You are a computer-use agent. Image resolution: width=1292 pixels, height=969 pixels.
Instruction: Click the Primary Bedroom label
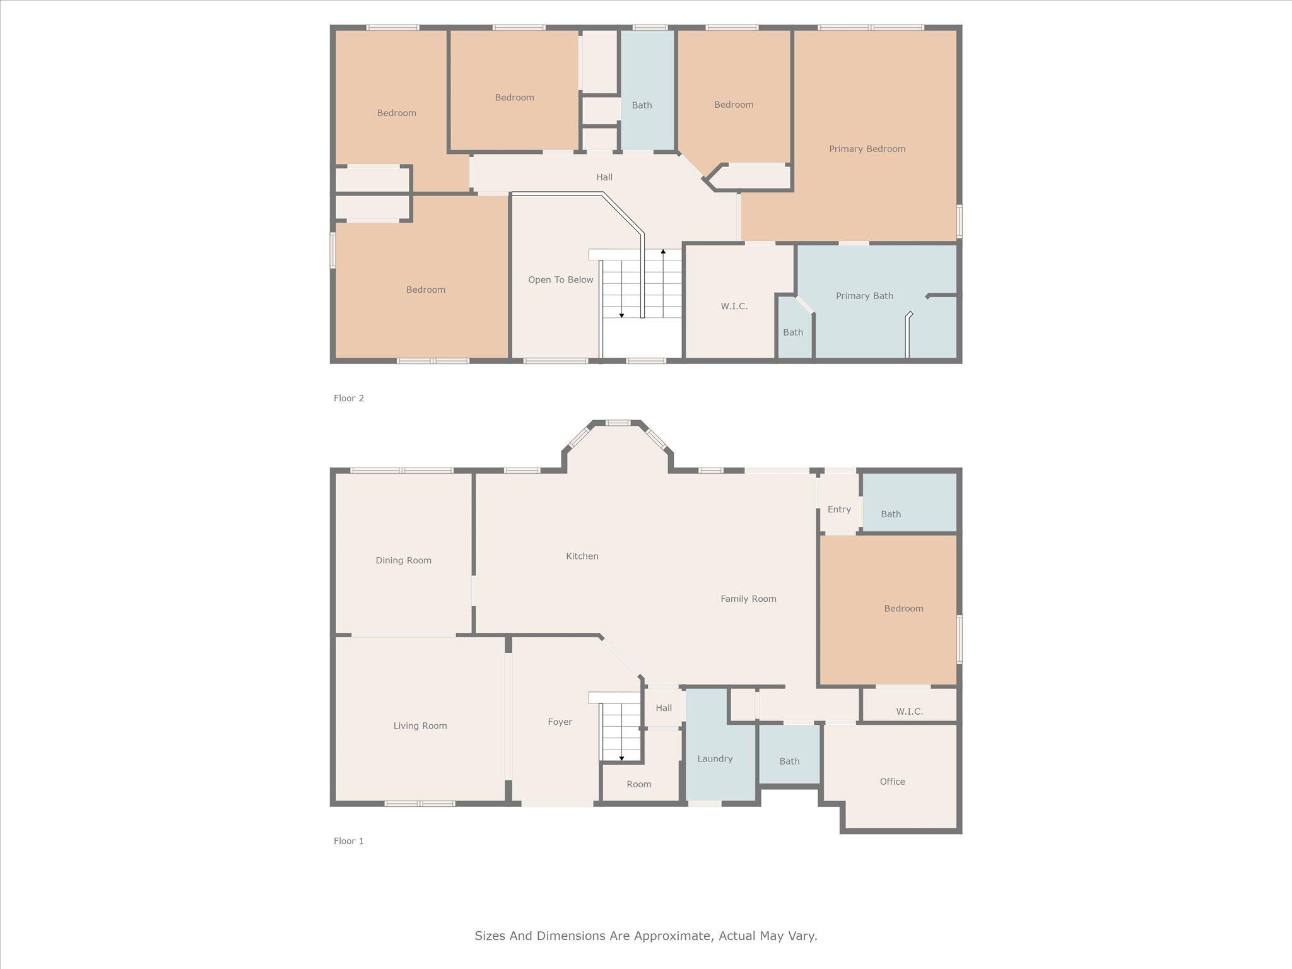pyautogui.click(x=867, y=149)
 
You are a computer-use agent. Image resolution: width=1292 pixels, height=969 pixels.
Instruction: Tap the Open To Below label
pyautogui.click(x=560, y=279)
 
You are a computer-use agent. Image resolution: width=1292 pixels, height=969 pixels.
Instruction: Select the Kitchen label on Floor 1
pyautogui.click(x=582, y=556)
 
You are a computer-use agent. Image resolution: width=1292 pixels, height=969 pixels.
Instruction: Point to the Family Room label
pyautogui.click(x=748, y=599)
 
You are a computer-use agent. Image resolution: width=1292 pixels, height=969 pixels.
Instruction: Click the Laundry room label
pyautogui.click(x=715, y=758)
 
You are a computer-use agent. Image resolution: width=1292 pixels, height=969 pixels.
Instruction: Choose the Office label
pyautogui.click(x=892, y=781)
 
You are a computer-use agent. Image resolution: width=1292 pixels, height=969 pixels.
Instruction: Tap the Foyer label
pyautogui.click(x=560, y=722)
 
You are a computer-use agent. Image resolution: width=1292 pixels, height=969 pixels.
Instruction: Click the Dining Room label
pyautogui.click(x=403, y=560)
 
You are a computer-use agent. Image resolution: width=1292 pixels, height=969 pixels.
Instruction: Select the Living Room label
pyautogui.click(x=420, y=725)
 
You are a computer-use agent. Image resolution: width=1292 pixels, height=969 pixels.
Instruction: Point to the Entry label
pyautogui.click(x=839, y=509)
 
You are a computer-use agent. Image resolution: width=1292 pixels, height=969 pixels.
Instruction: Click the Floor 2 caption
pyautogui.click(x=349, y=398)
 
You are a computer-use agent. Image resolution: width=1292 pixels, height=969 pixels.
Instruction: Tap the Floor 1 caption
pyautogui.click(x=349, y=841)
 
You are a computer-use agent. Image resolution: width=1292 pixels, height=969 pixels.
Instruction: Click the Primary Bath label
pyautogui.click(x=864, y=296)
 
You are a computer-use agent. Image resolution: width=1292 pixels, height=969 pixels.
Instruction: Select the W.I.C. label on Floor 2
pyautogui.click(x=734, y=306)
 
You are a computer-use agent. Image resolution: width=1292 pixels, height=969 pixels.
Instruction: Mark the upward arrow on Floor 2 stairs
pyautogui.click(x=663, y=252)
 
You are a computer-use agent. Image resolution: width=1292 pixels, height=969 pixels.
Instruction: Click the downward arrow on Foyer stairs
pyautogui.click(x=621, y=758)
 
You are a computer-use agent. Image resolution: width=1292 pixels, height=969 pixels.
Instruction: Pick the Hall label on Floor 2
pyautogui.click(x=604, y=177)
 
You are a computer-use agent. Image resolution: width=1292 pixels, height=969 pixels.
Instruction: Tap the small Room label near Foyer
pyautogui.click(x=638, y=784)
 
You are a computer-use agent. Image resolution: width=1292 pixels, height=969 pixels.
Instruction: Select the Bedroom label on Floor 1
pyautogui.click(x=903, y=608)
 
